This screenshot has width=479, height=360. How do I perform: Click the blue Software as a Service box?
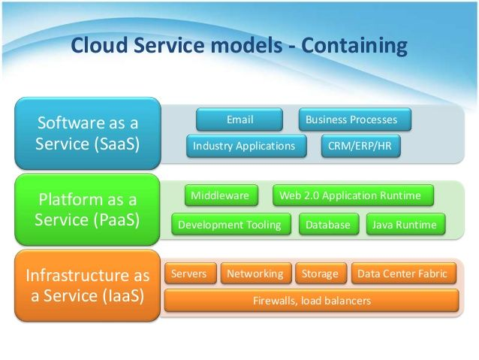87,133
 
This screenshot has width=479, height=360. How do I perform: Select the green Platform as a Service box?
87,210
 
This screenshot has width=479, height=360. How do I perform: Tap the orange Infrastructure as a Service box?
87,285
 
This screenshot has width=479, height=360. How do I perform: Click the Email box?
239,119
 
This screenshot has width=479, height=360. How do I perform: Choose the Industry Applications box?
246,146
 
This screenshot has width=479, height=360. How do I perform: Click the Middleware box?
220,196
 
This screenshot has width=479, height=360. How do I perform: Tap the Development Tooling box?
230,224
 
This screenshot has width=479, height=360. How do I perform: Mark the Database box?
327,224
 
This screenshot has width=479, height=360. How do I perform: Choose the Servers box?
189,274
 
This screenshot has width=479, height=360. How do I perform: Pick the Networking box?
255,274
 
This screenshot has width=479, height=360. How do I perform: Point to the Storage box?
321,274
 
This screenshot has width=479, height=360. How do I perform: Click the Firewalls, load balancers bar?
312,301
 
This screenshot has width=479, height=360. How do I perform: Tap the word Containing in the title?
354,46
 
